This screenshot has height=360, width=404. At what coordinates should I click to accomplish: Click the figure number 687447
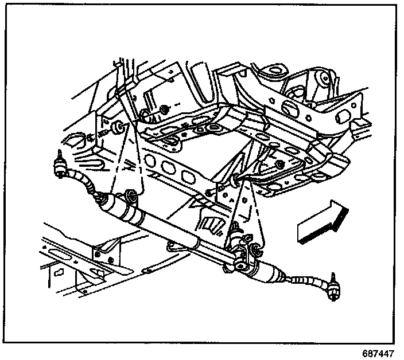point(379,351)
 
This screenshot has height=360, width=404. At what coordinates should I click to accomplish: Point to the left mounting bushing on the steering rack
point(131,197)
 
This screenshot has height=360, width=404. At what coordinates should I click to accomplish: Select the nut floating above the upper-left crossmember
point(165,109)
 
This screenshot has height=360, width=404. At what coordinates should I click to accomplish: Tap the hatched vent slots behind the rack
point(214,226)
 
